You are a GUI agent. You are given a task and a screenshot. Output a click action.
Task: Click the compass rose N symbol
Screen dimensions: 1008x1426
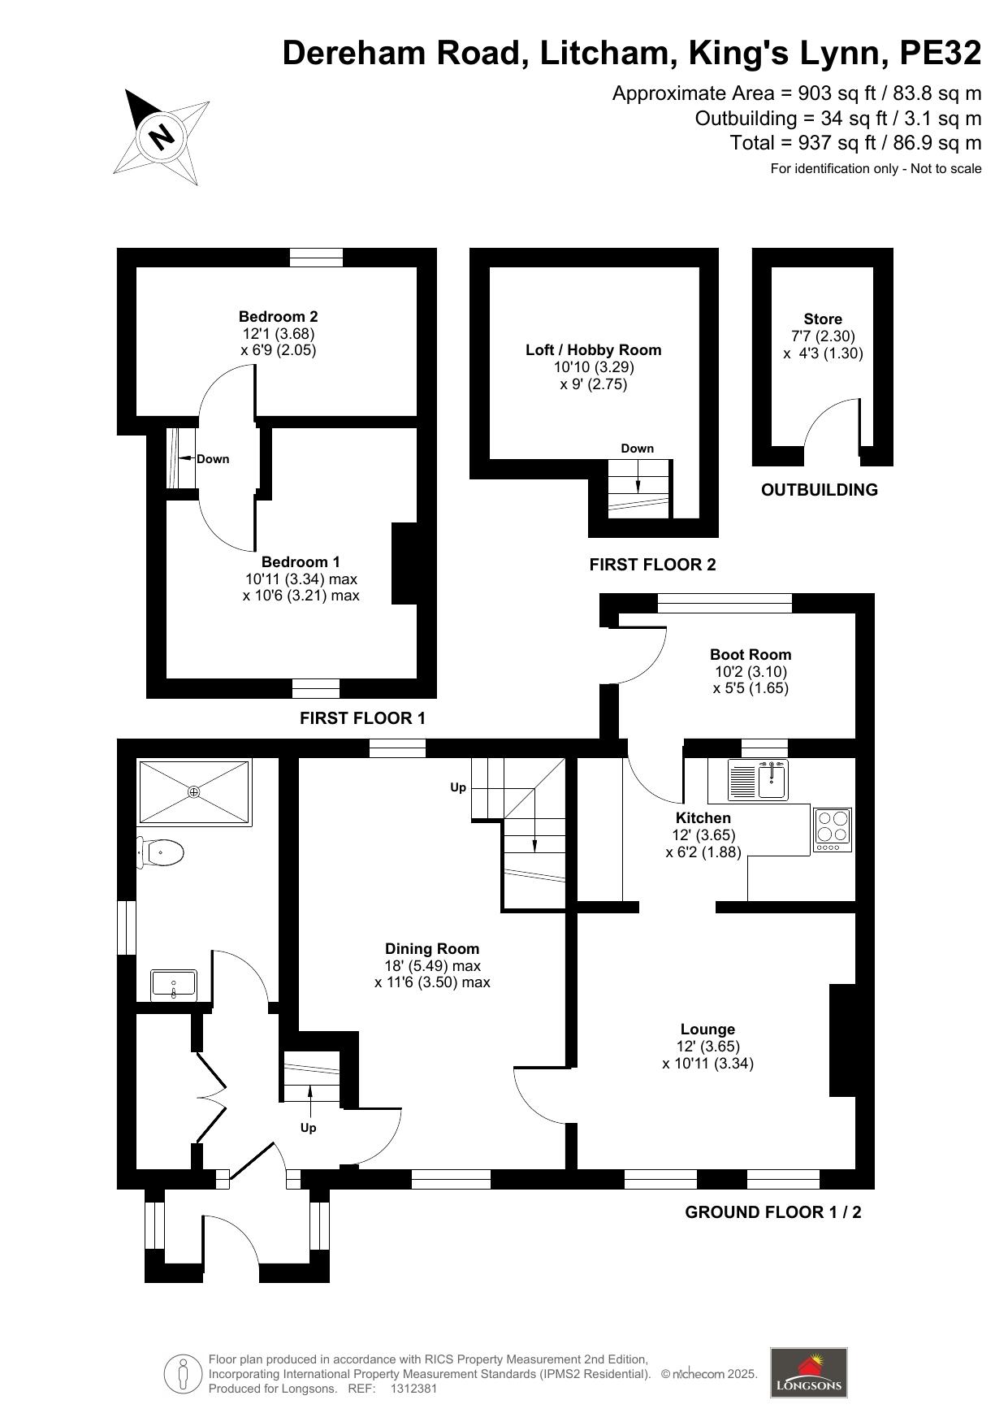coord(162,136)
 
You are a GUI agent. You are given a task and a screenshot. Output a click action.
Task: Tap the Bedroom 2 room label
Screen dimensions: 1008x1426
coord(278,317)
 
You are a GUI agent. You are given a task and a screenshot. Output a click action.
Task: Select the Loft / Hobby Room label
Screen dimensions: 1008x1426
coord(593,350)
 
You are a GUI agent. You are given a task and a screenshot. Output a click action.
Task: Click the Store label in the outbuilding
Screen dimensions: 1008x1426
coord(823,319)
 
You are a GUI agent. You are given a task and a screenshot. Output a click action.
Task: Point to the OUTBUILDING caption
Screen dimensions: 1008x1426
coord(820,490)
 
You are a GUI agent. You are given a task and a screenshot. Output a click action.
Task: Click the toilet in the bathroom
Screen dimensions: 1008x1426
coord(160,853)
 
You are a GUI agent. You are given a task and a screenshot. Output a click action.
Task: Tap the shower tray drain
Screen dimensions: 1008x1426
coord(193,791)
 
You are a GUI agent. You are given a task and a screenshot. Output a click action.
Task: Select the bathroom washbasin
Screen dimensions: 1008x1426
coord(174,985)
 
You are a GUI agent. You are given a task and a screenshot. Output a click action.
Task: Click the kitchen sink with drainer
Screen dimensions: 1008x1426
coord(758,781)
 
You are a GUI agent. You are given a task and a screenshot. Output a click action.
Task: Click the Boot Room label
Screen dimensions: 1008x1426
coord(751,655)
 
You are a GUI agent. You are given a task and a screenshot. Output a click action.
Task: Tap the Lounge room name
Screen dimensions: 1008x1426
coord(707,1029)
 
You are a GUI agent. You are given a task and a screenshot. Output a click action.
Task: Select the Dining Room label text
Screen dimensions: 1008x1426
coord(432,949)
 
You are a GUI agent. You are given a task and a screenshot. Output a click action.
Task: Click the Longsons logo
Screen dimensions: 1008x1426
coord(809,1372)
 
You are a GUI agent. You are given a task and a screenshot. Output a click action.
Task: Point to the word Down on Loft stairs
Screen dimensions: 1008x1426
coord(638,449)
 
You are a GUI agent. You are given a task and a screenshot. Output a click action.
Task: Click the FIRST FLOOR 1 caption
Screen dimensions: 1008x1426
coord(362,718)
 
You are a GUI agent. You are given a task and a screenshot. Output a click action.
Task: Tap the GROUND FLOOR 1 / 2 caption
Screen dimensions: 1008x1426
coord(773,1212)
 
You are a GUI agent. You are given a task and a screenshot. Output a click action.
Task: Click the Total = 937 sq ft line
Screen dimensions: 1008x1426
coord(856,143)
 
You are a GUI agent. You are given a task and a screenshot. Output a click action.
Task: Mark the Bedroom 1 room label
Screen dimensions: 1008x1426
coord(301,562)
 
